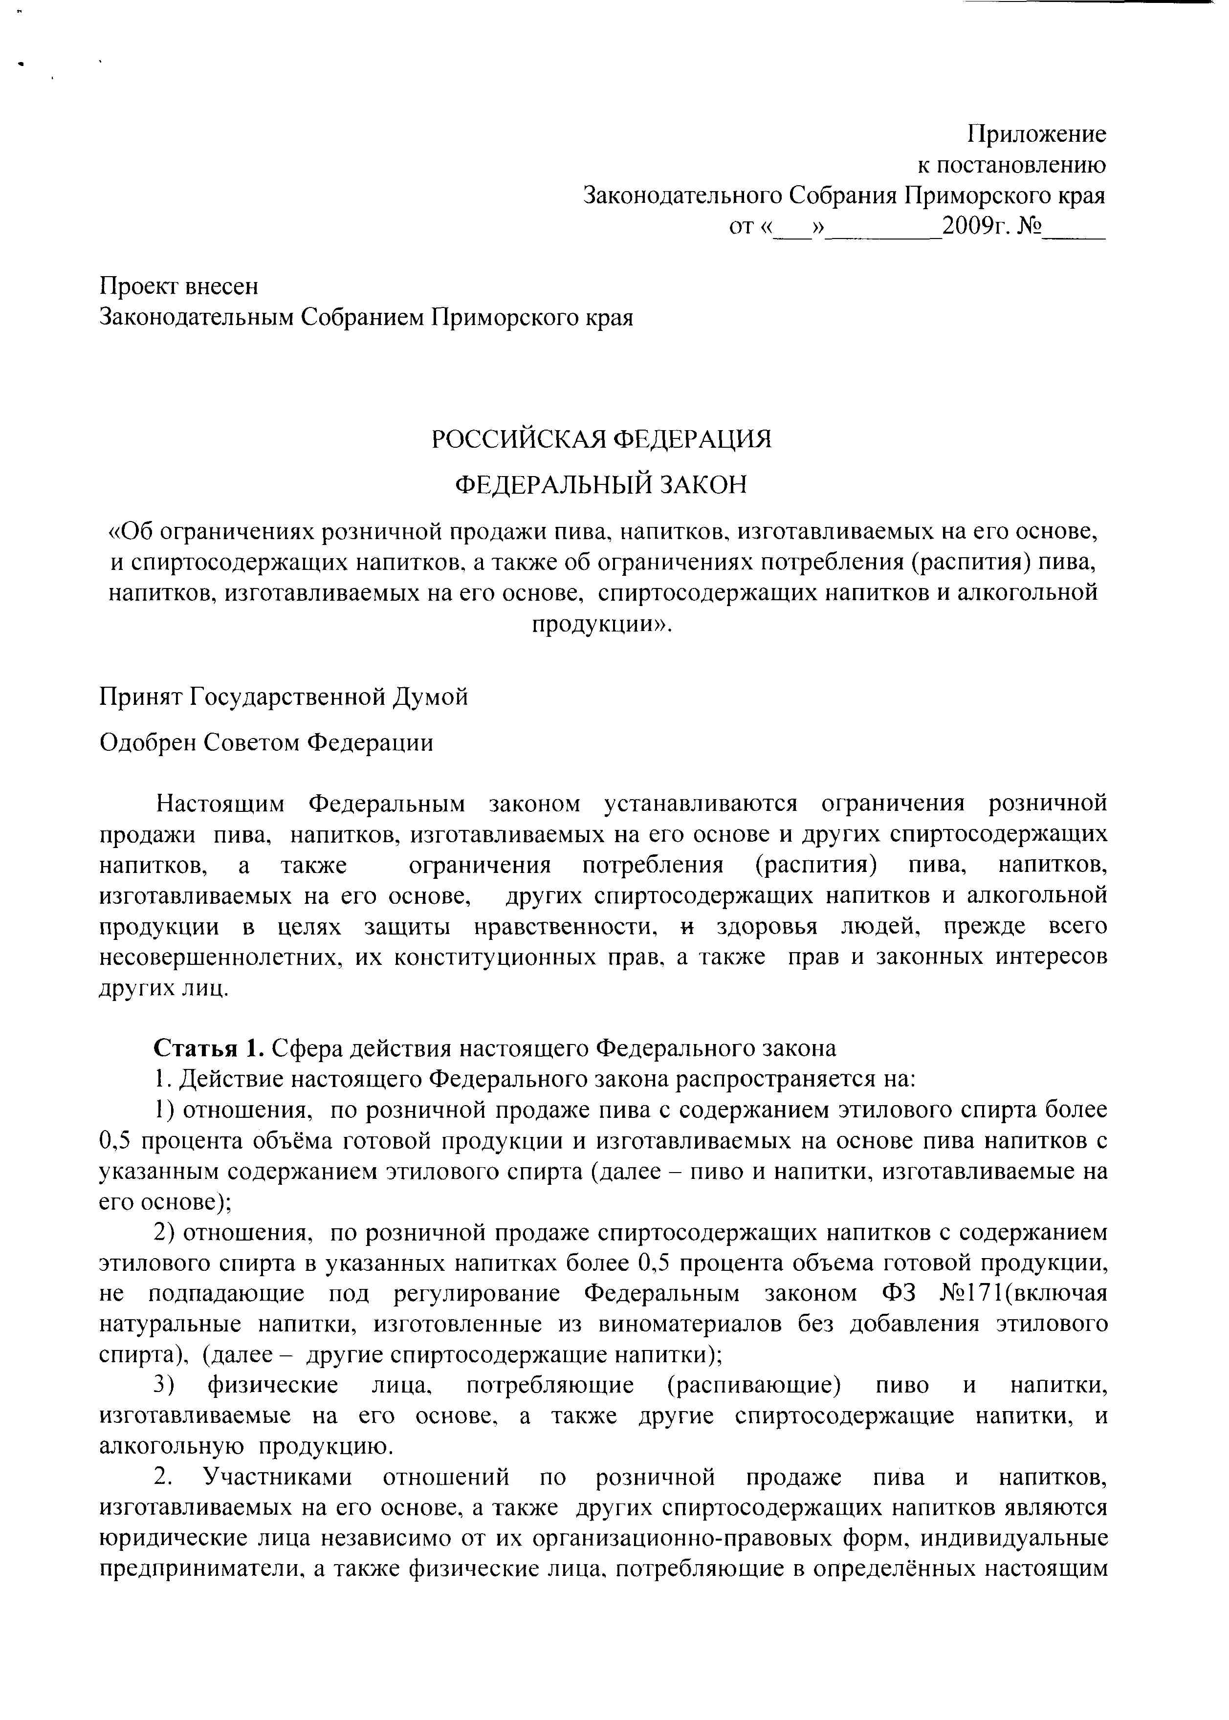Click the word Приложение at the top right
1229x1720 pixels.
[x=1037, y=135]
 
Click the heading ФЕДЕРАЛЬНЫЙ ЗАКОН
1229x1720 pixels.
[x=600, y=485]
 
